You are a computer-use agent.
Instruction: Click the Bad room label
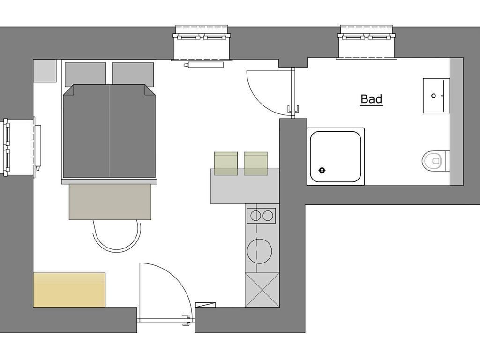click(371, 99)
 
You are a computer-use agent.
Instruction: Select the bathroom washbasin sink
click(436, 96)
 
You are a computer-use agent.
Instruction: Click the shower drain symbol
click(322, 170)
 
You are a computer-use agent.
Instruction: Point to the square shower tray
click(336, 157)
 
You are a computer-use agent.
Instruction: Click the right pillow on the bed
click(133, 74)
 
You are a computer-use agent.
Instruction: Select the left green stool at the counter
click(225, 164)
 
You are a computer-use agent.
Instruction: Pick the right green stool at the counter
click(255, 164)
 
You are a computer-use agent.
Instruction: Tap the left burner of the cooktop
click(255, 216)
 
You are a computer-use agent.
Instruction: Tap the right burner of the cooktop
click(268, 216)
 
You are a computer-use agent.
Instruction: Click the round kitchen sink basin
click(260, 251)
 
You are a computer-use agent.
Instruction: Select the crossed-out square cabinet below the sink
click(262, 290)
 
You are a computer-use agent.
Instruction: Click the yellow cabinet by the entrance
click(69, 290)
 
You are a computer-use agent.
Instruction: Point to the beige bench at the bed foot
click(110, 202)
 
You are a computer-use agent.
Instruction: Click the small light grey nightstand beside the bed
click(45, 71)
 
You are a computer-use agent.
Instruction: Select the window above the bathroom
click(366, 42)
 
